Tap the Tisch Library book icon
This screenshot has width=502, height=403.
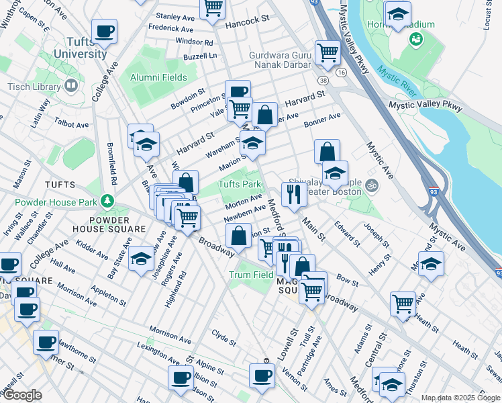click(x=70, y=86)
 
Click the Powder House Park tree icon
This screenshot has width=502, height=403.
click(x=106, y=201)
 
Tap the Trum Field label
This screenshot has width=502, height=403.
click(x=251, y=275)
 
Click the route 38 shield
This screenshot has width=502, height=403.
click(x=323, y=81)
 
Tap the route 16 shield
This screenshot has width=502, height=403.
click(x=342, y=72)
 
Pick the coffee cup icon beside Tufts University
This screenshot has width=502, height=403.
click(x=104, y=30)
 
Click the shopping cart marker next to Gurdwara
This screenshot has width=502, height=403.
click(x=327, y=52)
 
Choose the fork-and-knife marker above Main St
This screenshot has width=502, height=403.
click(x=293, y=193)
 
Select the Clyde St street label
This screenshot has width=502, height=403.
click(x=223, y=337)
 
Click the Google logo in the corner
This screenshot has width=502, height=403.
click(x=21, y=395)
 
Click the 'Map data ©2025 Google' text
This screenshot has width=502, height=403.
click(x=460, y=398)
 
